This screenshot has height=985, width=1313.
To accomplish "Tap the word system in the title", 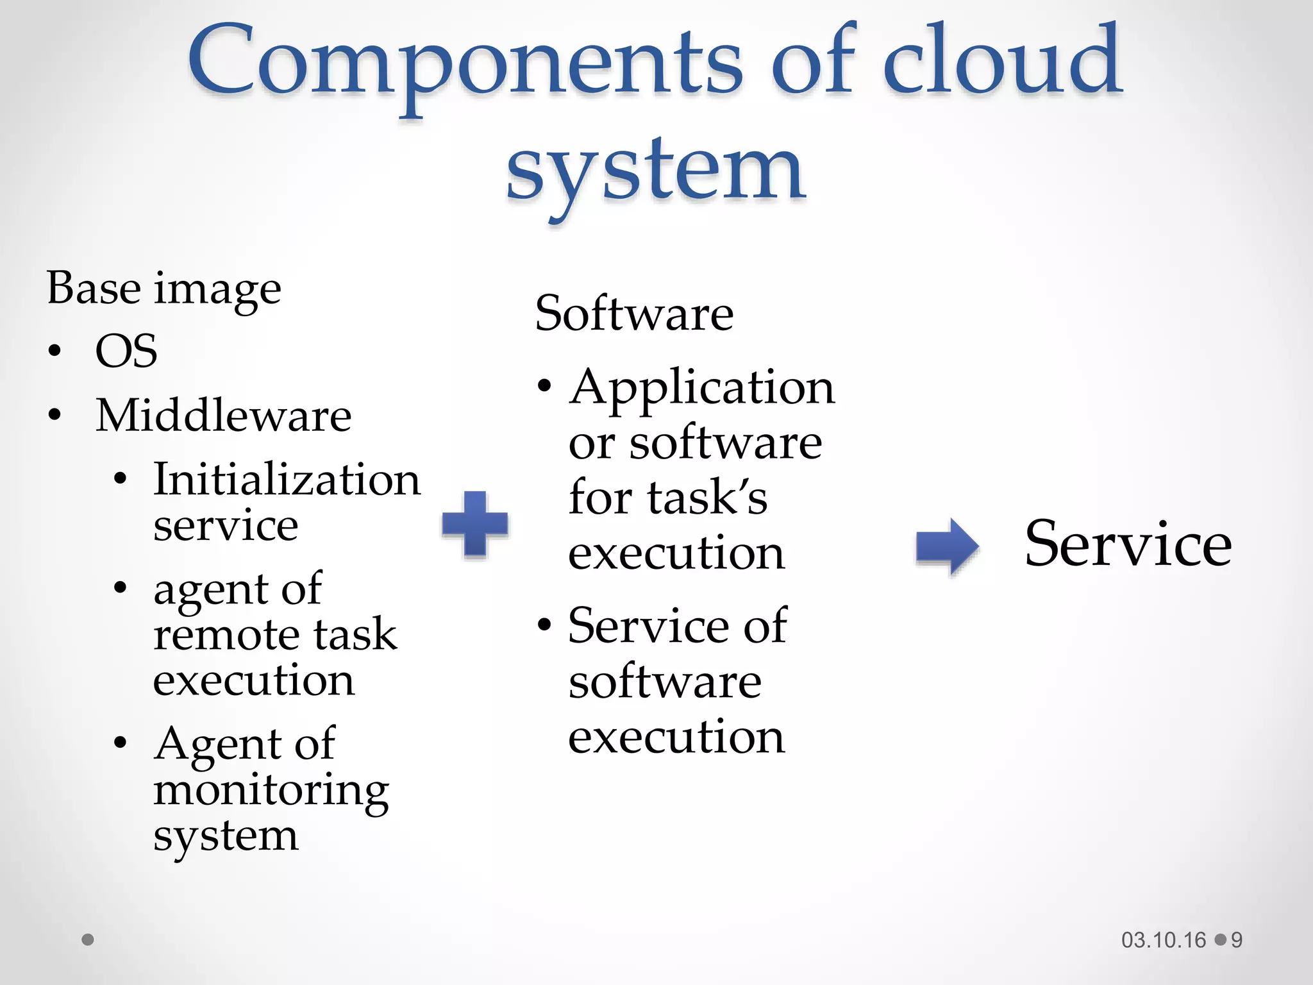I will tap(655, 170).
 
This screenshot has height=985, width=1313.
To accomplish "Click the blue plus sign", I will tap(475, 523).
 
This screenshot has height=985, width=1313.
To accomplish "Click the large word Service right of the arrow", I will tap(1128, 544).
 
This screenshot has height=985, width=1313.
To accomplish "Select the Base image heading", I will tap(164, 289).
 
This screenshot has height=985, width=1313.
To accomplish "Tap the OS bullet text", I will tap(126, 351).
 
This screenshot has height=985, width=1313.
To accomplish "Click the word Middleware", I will tap(223, 416).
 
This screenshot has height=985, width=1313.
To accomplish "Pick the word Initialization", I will tap(287, 480).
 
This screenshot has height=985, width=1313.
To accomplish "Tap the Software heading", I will tap(634, 314).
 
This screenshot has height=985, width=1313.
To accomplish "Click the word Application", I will tap(702, 388).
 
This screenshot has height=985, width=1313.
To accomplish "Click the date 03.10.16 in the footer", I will tap(1164, 940).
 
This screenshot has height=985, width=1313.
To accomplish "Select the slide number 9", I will tap(1237, 940).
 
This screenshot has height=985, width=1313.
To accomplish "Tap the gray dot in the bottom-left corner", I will tap(88, 939).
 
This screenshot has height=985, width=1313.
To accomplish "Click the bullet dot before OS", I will tap(55, 351).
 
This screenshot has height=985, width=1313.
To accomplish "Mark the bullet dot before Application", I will tap(544, 387).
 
